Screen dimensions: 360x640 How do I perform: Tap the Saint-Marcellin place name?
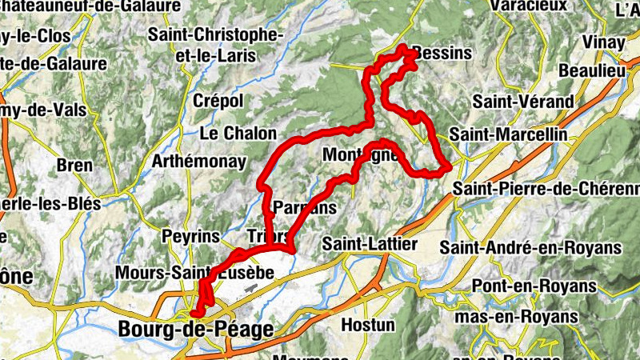point(508,134)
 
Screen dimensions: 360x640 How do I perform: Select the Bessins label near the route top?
point(442,54)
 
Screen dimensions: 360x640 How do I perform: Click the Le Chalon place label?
point(238,134)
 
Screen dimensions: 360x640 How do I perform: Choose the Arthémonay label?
point(199,162)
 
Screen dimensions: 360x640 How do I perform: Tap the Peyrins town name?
point(190,237)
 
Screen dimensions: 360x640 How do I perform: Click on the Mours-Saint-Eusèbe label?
point(195,273)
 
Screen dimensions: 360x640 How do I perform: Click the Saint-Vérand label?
point(523,102)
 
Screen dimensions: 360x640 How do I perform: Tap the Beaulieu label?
point(591,71)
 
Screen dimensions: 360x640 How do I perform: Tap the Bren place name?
point(76,166)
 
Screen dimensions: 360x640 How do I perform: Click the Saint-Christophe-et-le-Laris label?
point(216,46)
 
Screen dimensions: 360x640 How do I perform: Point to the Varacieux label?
point(530,6)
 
